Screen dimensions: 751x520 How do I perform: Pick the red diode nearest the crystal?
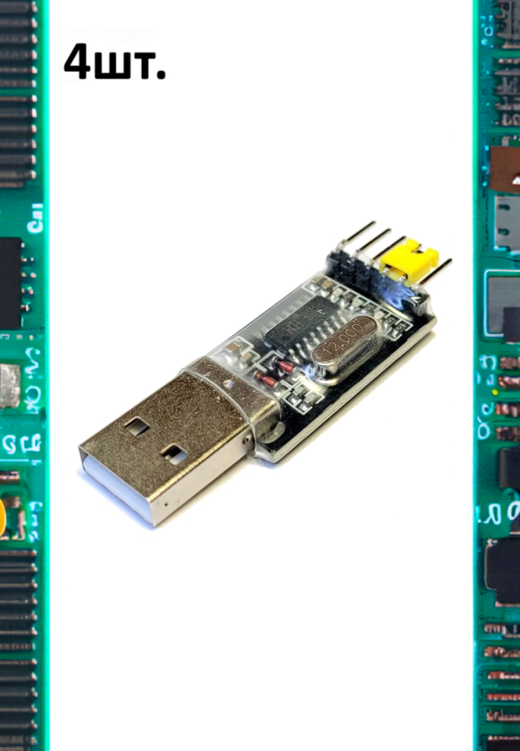pos(285,366)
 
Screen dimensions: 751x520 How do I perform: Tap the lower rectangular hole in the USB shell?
pos(174,454)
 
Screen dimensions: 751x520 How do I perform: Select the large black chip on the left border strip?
pos(10,283)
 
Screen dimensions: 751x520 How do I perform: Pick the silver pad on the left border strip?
pos(9,385)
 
